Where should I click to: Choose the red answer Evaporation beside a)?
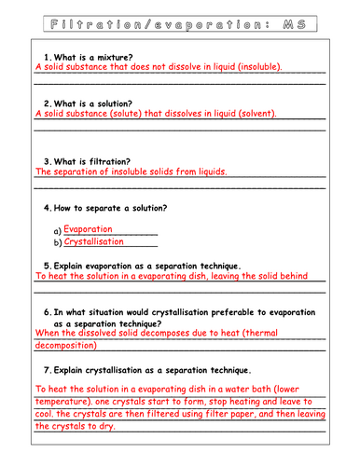point(89,228)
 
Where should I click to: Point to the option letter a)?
point(58,230)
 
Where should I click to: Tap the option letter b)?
point(58,243)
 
